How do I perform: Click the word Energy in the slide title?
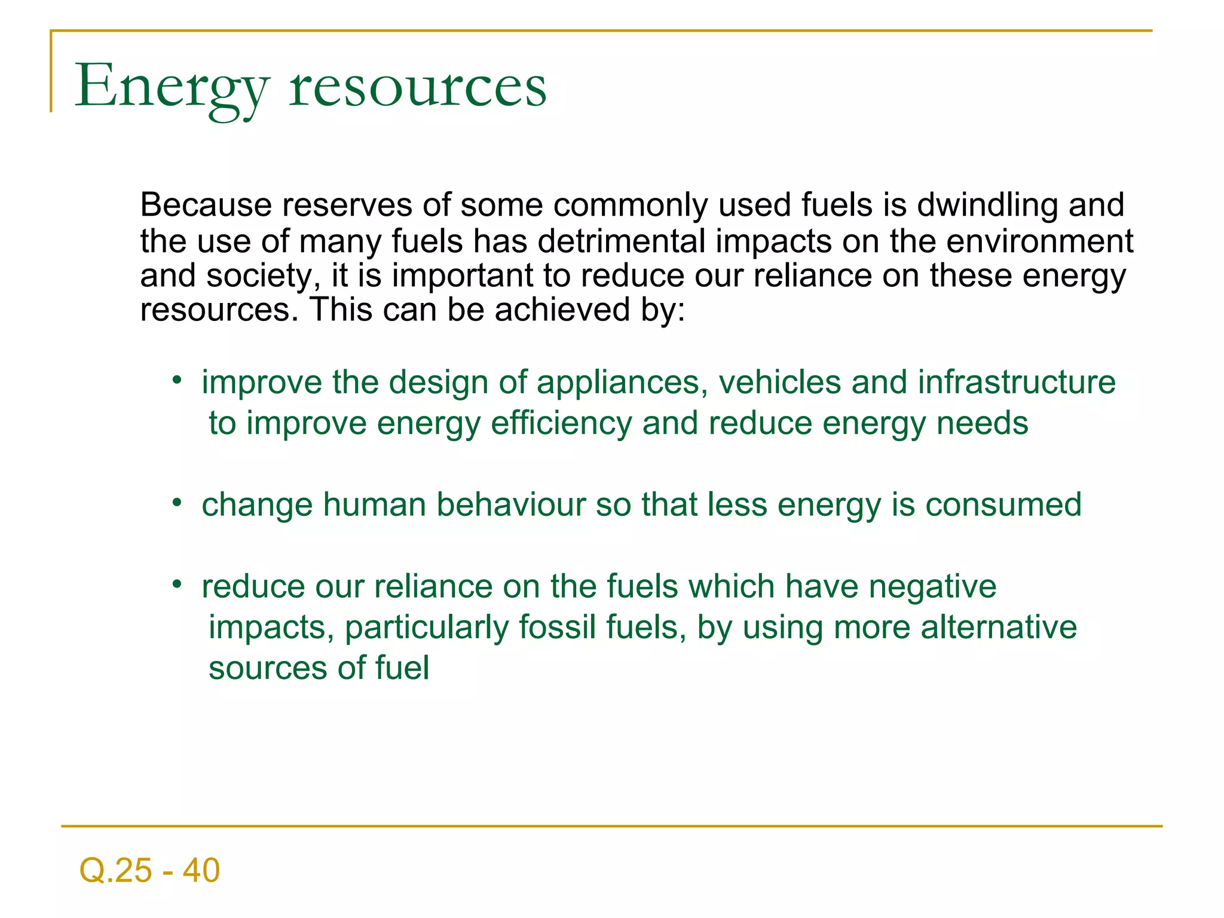(x=172, y=87)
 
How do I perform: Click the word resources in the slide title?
(x=418, y=87)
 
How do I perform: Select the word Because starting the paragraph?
(x=206, y=205)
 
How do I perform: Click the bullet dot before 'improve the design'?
(x=176, y=380)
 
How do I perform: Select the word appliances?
(x=618, y=382)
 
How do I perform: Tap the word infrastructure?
(x=1017, y=382)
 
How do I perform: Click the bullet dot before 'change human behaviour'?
(x=176, y=502)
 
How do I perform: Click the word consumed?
(x=1003, y=505)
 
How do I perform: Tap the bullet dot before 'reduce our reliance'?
(x=176, y=584)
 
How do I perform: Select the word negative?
(x=932, y=587)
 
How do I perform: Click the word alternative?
(x=999, y=628)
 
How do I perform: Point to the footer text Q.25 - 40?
(x=149, y=870)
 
